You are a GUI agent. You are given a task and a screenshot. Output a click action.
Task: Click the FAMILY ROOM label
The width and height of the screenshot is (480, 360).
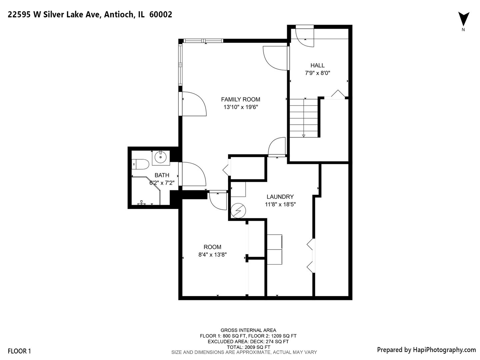[241, 99]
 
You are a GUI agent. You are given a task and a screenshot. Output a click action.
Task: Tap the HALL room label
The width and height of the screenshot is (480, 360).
[317, 65]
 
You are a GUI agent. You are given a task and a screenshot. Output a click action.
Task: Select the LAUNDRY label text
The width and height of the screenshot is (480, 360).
[280, 197]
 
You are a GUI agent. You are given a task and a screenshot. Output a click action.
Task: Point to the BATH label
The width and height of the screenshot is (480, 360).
[162, 175]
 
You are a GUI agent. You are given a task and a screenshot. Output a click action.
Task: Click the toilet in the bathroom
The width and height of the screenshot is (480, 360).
[140, 164]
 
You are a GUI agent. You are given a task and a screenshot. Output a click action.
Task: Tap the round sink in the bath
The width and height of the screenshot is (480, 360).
[161, 157]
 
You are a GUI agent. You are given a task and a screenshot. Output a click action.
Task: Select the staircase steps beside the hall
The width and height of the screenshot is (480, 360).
[304, 118]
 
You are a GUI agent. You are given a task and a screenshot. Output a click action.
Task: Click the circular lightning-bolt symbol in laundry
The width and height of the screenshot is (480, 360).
[238, 211]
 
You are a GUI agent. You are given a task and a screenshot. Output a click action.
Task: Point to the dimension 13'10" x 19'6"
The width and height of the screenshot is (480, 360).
[241, 107]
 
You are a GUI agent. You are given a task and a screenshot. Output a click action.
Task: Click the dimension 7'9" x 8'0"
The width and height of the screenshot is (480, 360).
[317, 73]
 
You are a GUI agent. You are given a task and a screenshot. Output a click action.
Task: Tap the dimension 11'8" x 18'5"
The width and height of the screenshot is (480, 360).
[280, 204]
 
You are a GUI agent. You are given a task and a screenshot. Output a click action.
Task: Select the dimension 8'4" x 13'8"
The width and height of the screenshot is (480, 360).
[212, 255]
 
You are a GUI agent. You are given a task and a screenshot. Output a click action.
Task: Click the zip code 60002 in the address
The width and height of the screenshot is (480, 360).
[161, 14]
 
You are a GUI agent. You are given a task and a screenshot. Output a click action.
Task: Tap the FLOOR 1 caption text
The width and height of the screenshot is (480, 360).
[19, 351]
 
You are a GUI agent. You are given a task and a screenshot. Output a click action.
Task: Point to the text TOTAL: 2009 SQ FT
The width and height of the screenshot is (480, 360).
[248, 347]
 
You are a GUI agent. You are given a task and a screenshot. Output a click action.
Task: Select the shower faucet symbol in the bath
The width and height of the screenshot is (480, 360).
[142, 203]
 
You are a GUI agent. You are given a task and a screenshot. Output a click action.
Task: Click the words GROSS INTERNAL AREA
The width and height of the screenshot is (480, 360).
[248, 330]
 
